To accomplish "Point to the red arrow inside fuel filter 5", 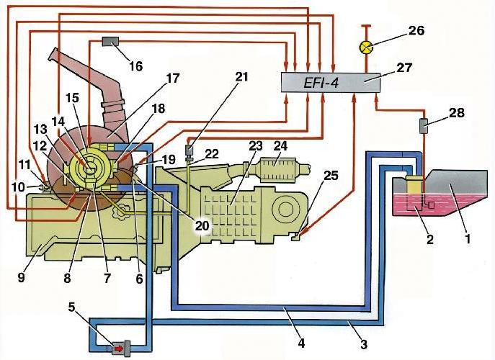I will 115,348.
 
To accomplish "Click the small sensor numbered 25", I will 295,234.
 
